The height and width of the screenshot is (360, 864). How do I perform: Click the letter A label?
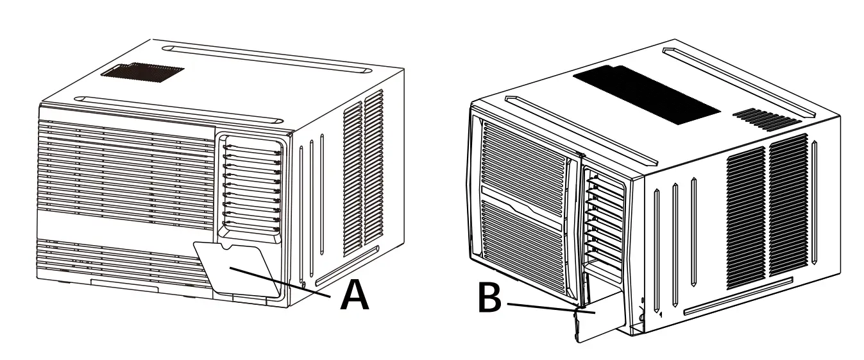pyautogui.click(x=355, y=296)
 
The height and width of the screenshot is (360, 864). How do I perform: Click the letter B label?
pyautogui.click(x=491, y=300)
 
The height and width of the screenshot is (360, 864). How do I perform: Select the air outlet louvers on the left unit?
pyautogui.click(x=251, y=188)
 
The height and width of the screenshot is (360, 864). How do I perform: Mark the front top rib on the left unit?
pyautogui.click(x=180, y=108)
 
